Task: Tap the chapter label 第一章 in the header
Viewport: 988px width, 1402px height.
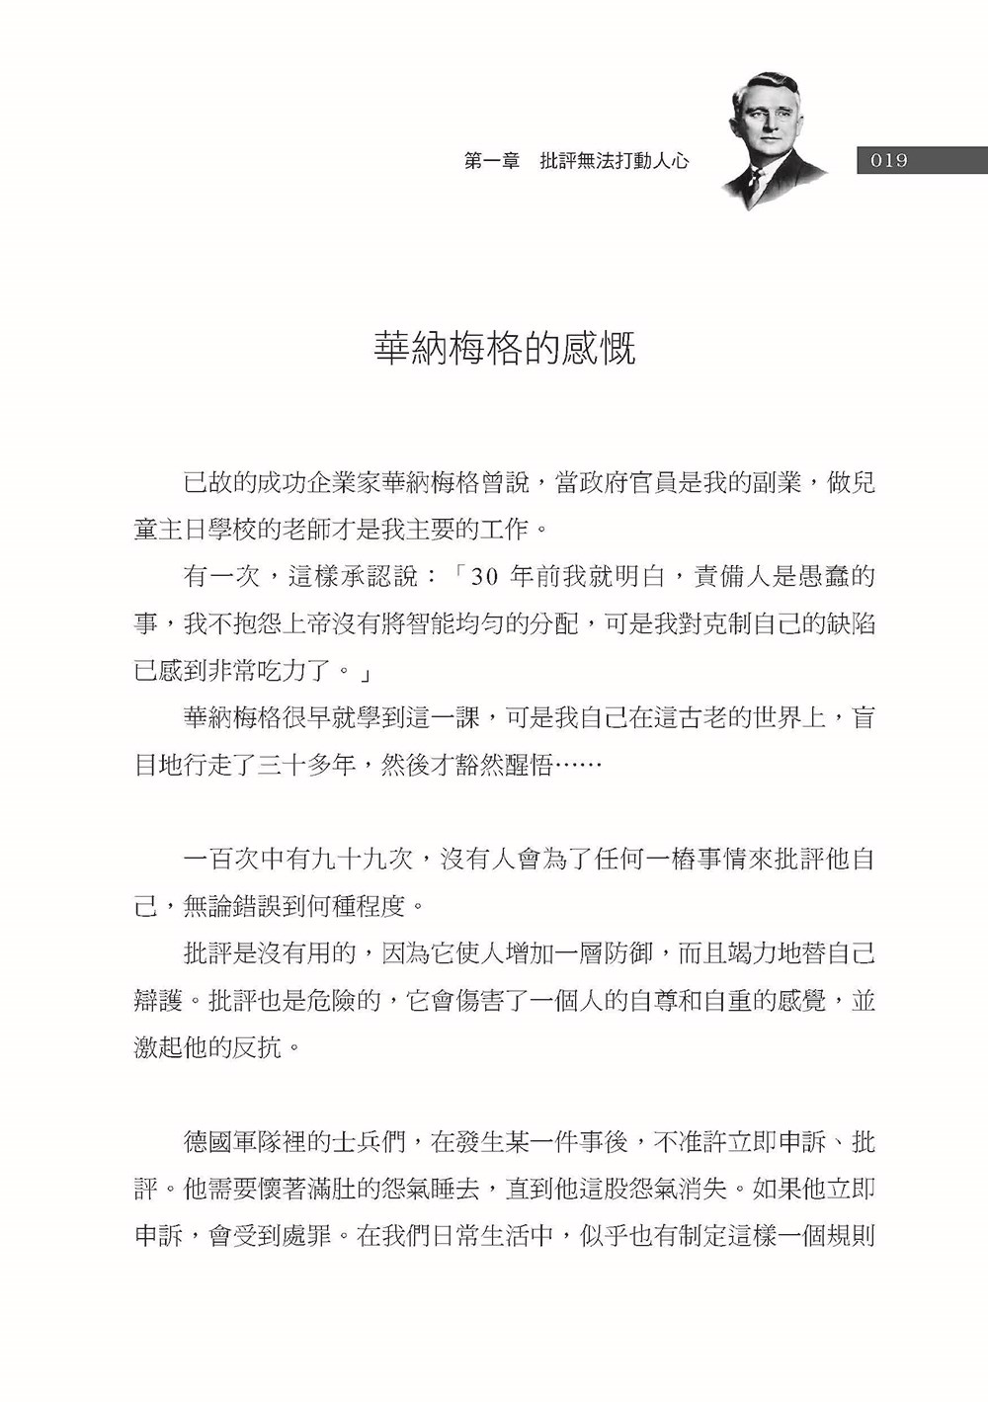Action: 492,161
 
